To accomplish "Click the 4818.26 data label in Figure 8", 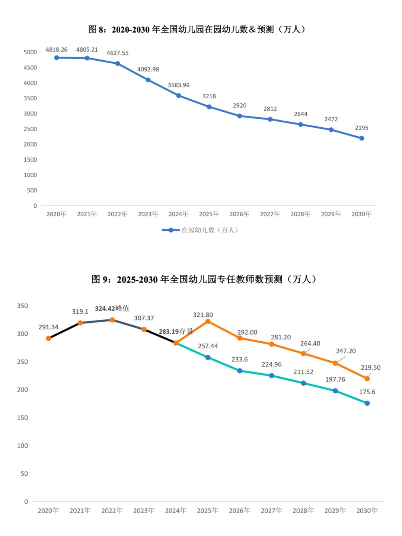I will pos(57,50).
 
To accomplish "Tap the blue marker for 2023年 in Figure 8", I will pos(148,80).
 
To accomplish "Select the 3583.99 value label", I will pos(179,85).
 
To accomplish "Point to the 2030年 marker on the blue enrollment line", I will pos(361,138).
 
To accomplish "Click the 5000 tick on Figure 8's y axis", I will pos(30,52).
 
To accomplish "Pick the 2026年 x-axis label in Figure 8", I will pos(239,214).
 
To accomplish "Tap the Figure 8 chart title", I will pos(197,29).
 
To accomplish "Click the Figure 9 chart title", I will pos(204,279).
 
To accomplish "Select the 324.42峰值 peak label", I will pos(112,308).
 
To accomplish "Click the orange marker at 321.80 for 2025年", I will pos(208,321).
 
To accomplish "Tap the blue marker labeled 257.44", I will pos(208,357).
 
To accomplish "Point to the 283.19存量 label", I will pos(176,331).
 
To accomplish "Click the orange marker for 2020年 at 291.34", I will pos(48,338).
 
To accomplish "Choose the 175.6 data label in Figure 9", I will pos(367,392).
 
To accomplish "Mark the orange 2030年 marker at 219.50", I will pos(367,379).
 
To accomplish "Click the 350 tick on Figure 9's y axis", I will pos(22,306).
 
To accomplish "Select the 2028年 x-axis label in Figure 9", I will pos(303,510).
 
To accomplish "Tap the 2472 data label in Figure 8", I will pos(331,119).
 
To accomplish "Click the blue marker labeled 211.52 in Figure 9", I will pos(303,383).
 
